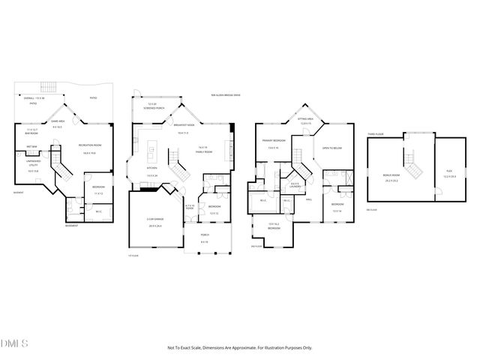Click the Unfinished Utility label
click(32, 169)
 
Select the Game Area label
click(57, 121)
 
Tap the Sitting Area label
click(304, 120)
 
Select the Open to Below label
click(332, 148)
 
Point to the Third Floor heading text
click(376, 135)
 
